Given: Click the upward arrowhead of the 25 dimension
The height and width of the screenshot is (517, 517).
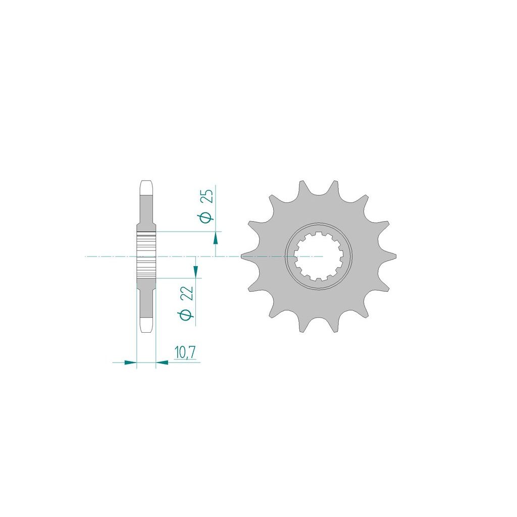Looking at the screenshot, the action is (x=216, y=238).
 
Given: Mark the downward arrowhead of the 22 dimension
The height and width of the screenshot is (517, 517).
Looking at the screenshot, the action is (x=196, y=271).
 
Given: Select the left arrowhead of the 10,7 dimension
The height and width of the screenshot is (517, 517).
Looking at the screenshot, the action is (x=130, y=363).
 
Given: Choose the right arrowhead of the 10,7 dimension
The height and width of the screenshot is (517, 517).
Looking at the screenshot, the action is (x=162, y=363).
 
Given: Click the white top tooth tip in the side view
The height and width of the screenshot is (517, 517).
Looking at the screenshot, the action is (x=146, y=188).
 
